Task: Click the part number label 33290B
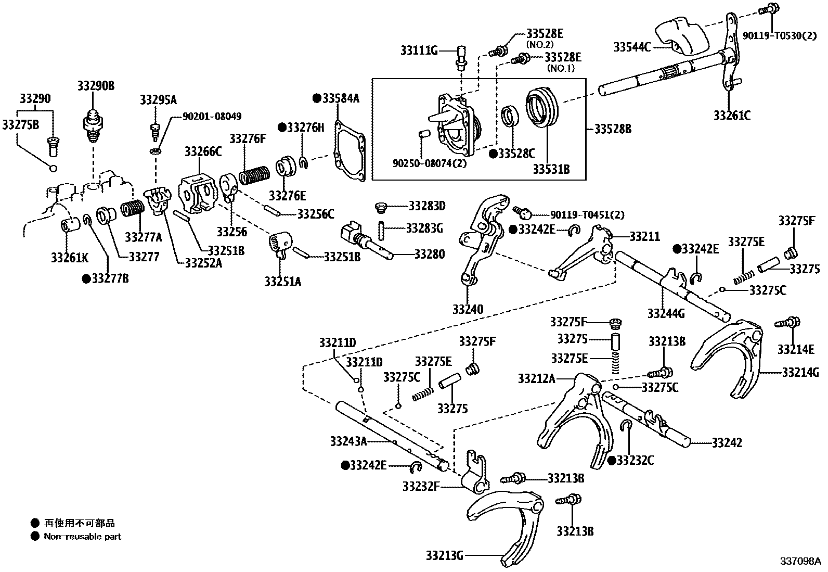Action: click(x=96, y=86)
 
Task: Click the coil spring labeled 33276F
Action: click(x=254, y=175)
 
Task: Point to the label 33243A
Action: click(x=348, y=441)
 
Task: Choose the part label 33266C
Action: click(x=203, y=151)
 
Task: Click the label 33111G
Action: click(x=419, y=50)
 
